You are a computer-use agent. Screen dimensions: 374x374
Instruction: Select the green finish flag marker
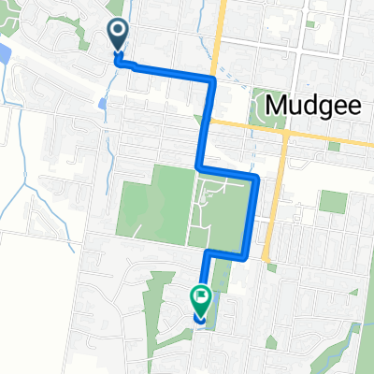pos(201,302)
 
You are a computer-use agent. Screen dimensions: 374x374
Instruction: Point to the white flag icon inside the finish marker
pos(201,298)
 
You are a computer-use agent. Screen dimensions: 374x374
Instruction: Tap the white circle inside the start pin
pos(118,33)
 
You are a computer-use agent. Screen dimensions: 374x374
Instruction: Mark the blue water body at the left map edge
pos(4,56)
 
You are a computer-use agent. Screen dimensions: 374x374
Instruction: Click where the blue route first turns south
pos(212,81)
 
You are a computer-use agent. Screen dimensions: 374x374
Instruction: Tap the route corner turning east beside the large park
pos(198,168)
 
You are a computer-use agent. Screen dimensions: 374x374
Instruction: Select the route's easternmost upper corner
pos(255,176)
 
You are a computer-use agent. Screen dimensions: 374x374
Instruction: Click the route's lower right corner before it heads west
pos(245,252)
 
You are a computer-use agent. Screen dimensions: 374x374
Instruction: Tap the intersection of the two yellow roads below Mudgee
pos(284,132)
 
